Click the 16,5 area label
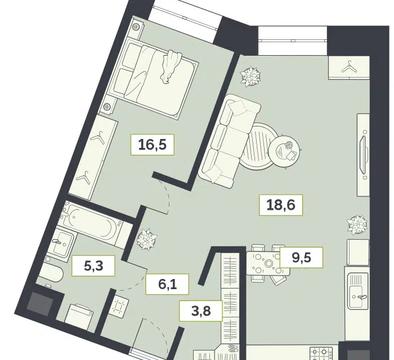tap(153, 145)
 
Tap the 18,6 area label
tap(281, 205)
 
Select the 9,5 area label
tap(301, 258)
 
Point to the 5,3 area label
tap(93, 266)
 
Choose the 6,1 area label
tap(167, 284)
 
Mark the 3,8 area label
tap(201, 311)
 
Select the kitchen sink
tap(357, 291)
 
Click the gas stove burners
tap(321, 353)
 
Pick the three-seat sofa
tap(229, 141)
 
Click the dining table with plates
tap(268, 263)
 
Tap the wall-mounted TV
tap(364, 155)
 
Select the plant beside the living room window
tap(250, 76)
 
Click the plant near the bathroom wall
tap(146, 239)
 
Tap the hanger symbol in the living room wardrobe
tap(349, 67)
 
